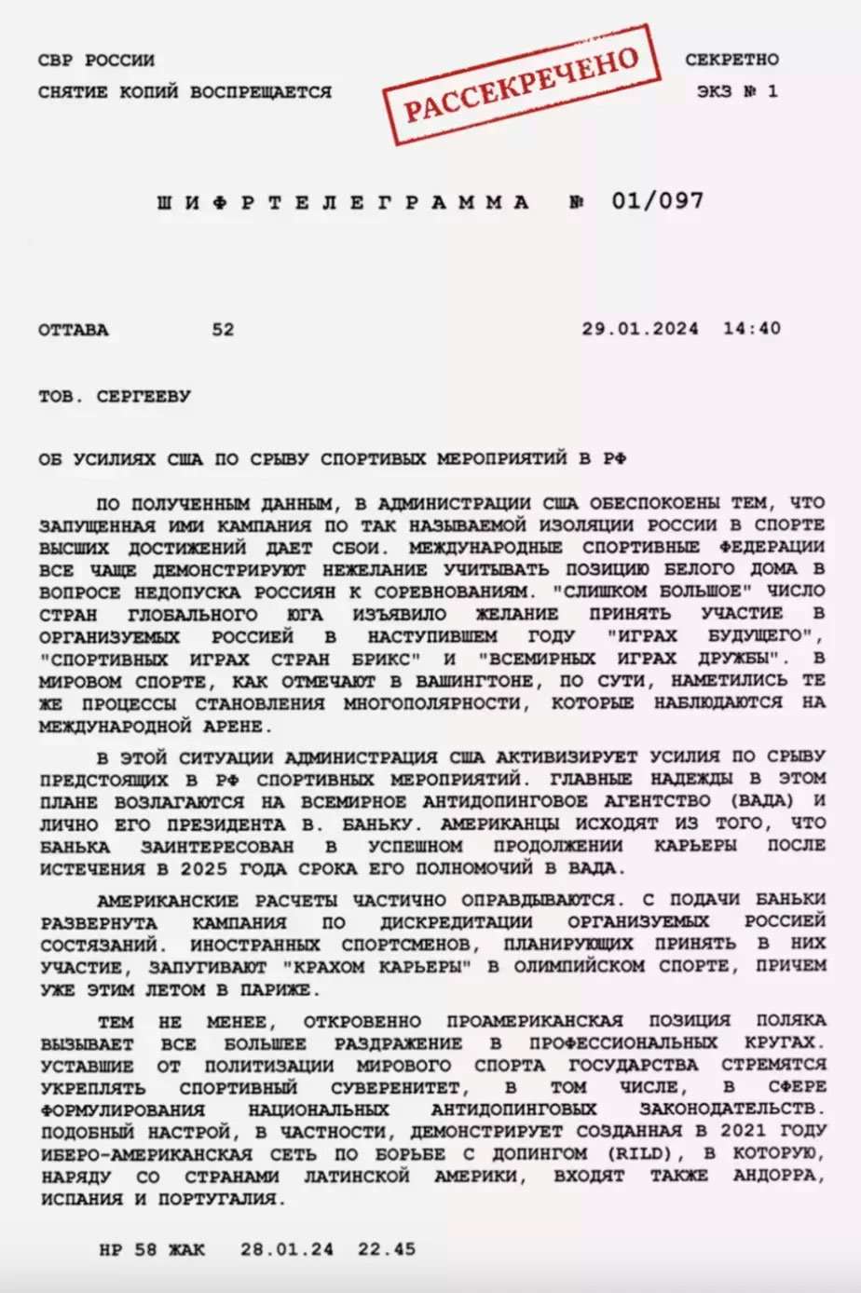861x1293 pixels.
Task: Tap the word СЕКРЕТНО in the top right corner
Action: tap(731, 60)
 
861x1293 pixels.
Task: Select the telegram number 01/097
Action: tap(657, 201)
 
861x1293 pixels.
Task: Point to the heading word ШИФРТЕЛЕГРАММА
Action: tap(344, 202)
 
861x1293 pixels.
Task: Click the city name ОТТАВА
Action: tap(74, 330)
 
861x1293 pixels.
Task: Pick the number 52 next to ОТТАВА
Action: tap(223, 330)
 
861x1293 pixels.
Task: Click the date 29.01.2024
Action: tap(640, 329)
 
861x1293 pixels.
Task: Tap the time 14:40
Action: tap(751, 329)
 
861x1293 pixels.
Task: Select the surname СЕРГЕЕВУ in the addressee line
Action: tap(143, 396)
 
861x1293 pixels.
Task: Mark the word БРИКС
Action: tap(385, 659)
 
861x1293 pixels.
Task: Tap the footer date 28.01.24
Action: tap(286, 1249)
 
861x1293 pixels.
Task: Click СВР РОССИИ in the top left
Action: tap(97, 61)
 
